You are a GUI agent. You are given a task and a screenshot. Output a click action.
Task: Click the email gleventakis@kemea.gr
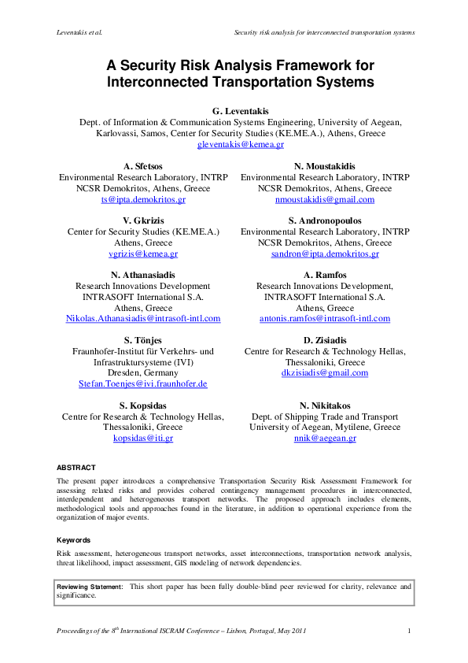240,145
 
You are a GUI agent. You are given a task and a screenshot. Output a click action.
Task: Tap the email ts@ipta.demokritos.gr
143,200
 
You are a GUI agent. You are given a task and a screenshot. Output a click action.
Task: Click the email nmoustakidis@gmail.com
325,200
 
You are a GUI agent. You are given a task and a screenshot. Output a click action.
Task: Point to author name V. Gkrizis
143,220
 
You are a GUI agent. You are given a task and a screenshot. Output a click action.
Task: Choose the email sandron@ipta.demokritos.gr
325,254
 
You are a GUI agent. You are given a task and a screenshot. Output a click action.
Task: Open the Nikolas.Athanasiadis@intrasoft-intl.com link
143,318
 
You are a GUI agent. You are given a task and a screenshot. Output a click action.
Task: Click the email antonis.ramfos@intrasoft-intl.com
325,318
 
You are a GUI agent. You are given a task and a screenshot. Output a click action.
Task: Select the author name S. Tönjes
143,339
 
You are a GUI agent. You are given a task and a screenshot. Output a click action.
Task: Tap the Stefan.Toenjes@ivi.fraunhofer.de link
143,383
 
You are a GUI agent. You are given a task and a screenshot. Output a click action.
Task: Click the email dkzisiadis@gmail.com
325,372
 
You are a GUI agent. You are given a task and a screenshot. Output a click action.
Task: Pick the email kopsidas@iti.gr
143,438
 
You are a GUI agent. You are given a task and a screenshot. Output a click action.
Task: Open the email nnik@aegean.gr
325,438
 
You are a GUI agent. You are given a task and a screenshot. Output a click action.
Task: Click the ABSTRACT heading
76,467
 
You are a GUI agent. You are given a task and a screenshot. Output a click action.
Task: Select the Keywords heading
74,540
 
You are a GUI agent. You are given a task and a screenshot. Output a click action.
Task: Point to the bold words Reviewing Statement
90,587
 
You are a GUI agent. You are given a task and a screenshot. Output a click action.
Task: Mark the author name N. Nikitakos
325,406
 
